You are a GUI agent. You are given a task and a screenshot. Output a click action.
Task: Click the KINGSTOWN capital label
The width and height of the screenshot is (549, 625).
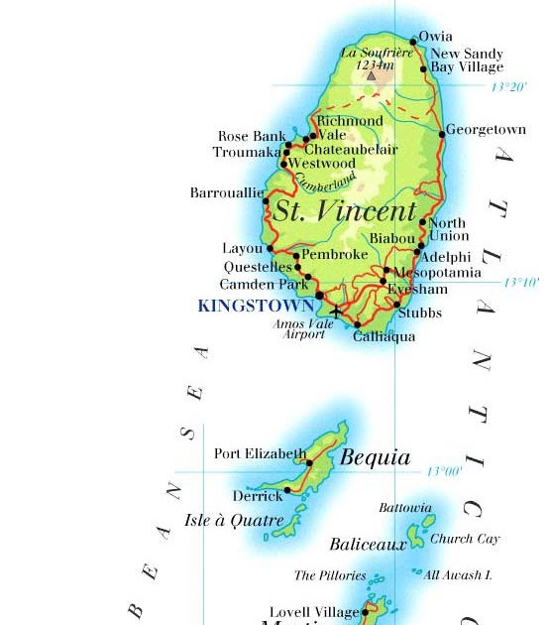point(256,307)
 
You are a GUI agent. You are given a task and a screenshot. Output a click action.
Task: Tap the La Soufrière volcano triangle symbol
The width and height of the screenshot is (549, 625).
point(372,74)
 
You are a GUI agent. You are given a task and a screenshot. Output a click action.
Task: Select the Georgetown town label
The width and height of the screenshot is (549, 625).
point(487,130)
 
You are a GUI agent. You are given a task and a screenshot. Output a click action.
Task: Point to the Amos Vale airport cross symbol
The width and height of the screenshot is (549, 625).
point(336,312)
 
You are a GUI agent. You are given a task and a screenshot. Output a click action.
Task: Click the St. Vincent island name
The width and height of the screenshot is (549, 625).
point(345,211)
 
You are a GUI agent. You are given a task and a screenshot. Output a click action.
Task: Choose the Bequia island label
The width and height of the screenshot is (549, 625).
point(375,458)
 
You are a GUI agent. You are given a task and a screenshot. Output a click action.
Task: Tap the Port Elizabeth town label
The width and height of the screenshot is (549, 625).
point(260,454)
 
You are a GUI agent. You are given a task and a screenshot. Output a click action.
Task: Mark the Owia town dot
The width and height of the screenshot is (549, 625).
point(414,42)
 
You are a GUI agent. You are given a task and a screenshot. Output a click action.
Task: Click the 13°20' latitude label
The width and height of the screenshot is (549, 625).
point(509,87)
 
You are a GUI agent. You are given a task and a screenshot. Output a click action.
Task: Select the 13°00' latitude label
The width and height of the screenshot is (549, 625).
point(445,472)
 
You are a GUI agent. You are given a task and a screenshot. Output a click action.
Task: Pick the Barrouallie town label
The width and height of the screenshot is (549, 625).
point(226,193)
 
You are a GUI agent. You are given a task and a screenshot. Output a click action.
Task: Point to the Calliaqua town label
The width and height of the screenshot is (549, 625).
point(384,337)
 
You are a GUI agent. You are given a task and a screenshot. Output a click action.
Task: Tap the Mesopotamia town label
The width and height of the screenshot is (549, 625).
point(437,273)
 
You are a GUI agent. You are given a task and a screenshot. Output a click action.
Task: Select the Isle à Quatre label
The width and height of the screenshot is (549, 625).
point(234,520)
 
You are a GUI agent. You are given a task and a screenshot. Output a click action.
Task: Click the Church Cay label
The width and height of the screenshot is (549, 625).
point(465,539)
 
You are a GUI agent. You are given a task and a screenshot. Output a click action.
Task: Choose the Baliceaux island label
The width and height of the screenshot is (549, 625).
point(368,545)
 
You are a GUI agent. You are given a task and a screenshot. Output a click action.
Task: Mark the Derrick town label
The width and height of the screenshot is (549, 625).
point(258,496)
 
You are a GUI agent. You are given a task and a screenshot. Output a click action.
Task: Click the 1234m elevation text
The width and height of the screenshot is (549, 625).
point(375,64)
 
